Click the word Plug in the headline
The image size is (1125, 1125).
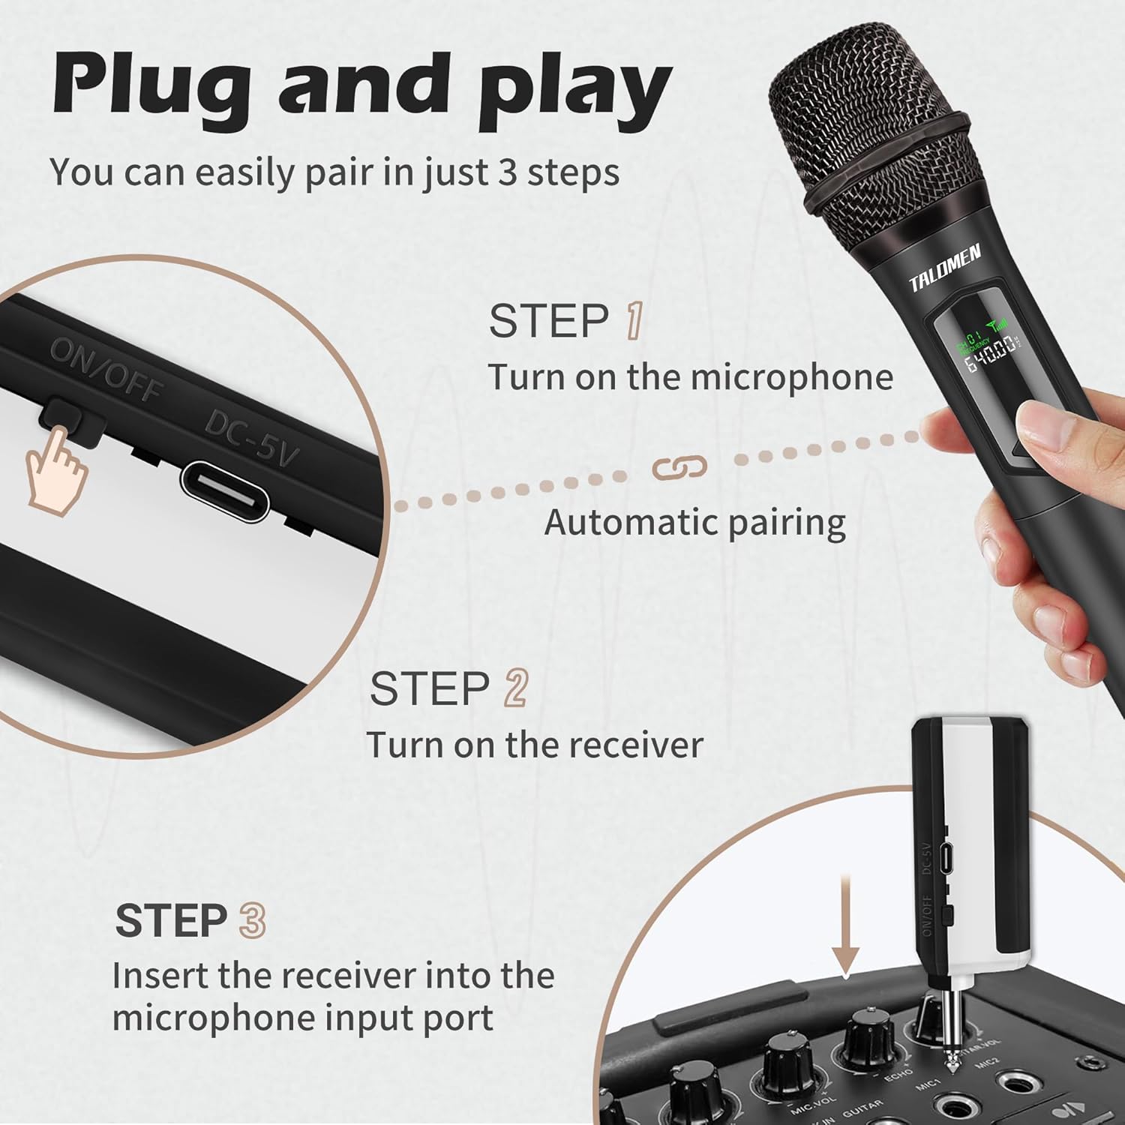(x=150, y=86)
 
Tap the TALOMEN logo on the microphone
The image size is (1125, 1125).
(x=944, y=268)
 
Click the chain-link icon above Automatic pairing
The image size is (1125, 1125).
(x=679, y=467)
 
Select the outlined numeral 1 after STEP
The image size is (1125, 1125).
(x=634, y=321)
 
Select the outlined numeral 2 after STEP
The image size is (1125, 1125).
(x=516, y=688)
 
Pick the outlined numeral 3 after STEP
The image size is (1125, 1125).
(x=252, y=920)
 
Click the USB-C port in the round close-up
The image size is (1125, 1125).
(x=225, y=491)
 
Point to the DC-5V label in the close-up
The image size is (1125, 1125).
(x=252, y=438)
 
